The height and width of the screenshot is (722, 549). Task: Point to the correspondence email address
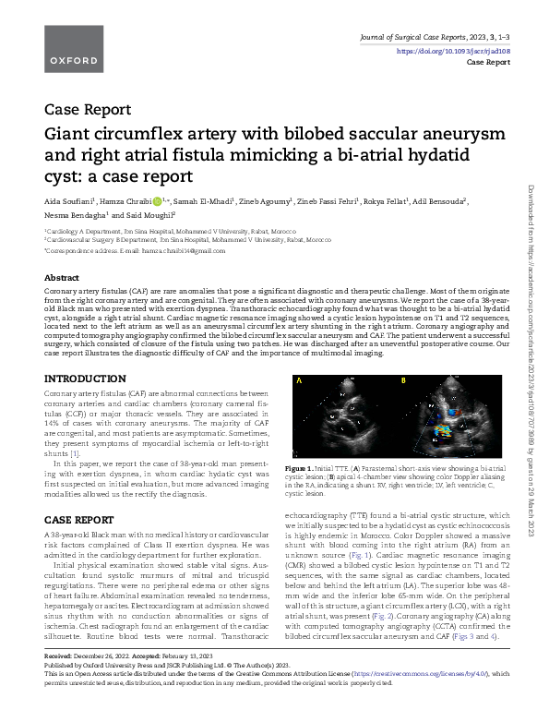coord(185,250)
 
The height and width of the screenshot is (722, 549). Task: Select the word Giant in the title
coord(69,135)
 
